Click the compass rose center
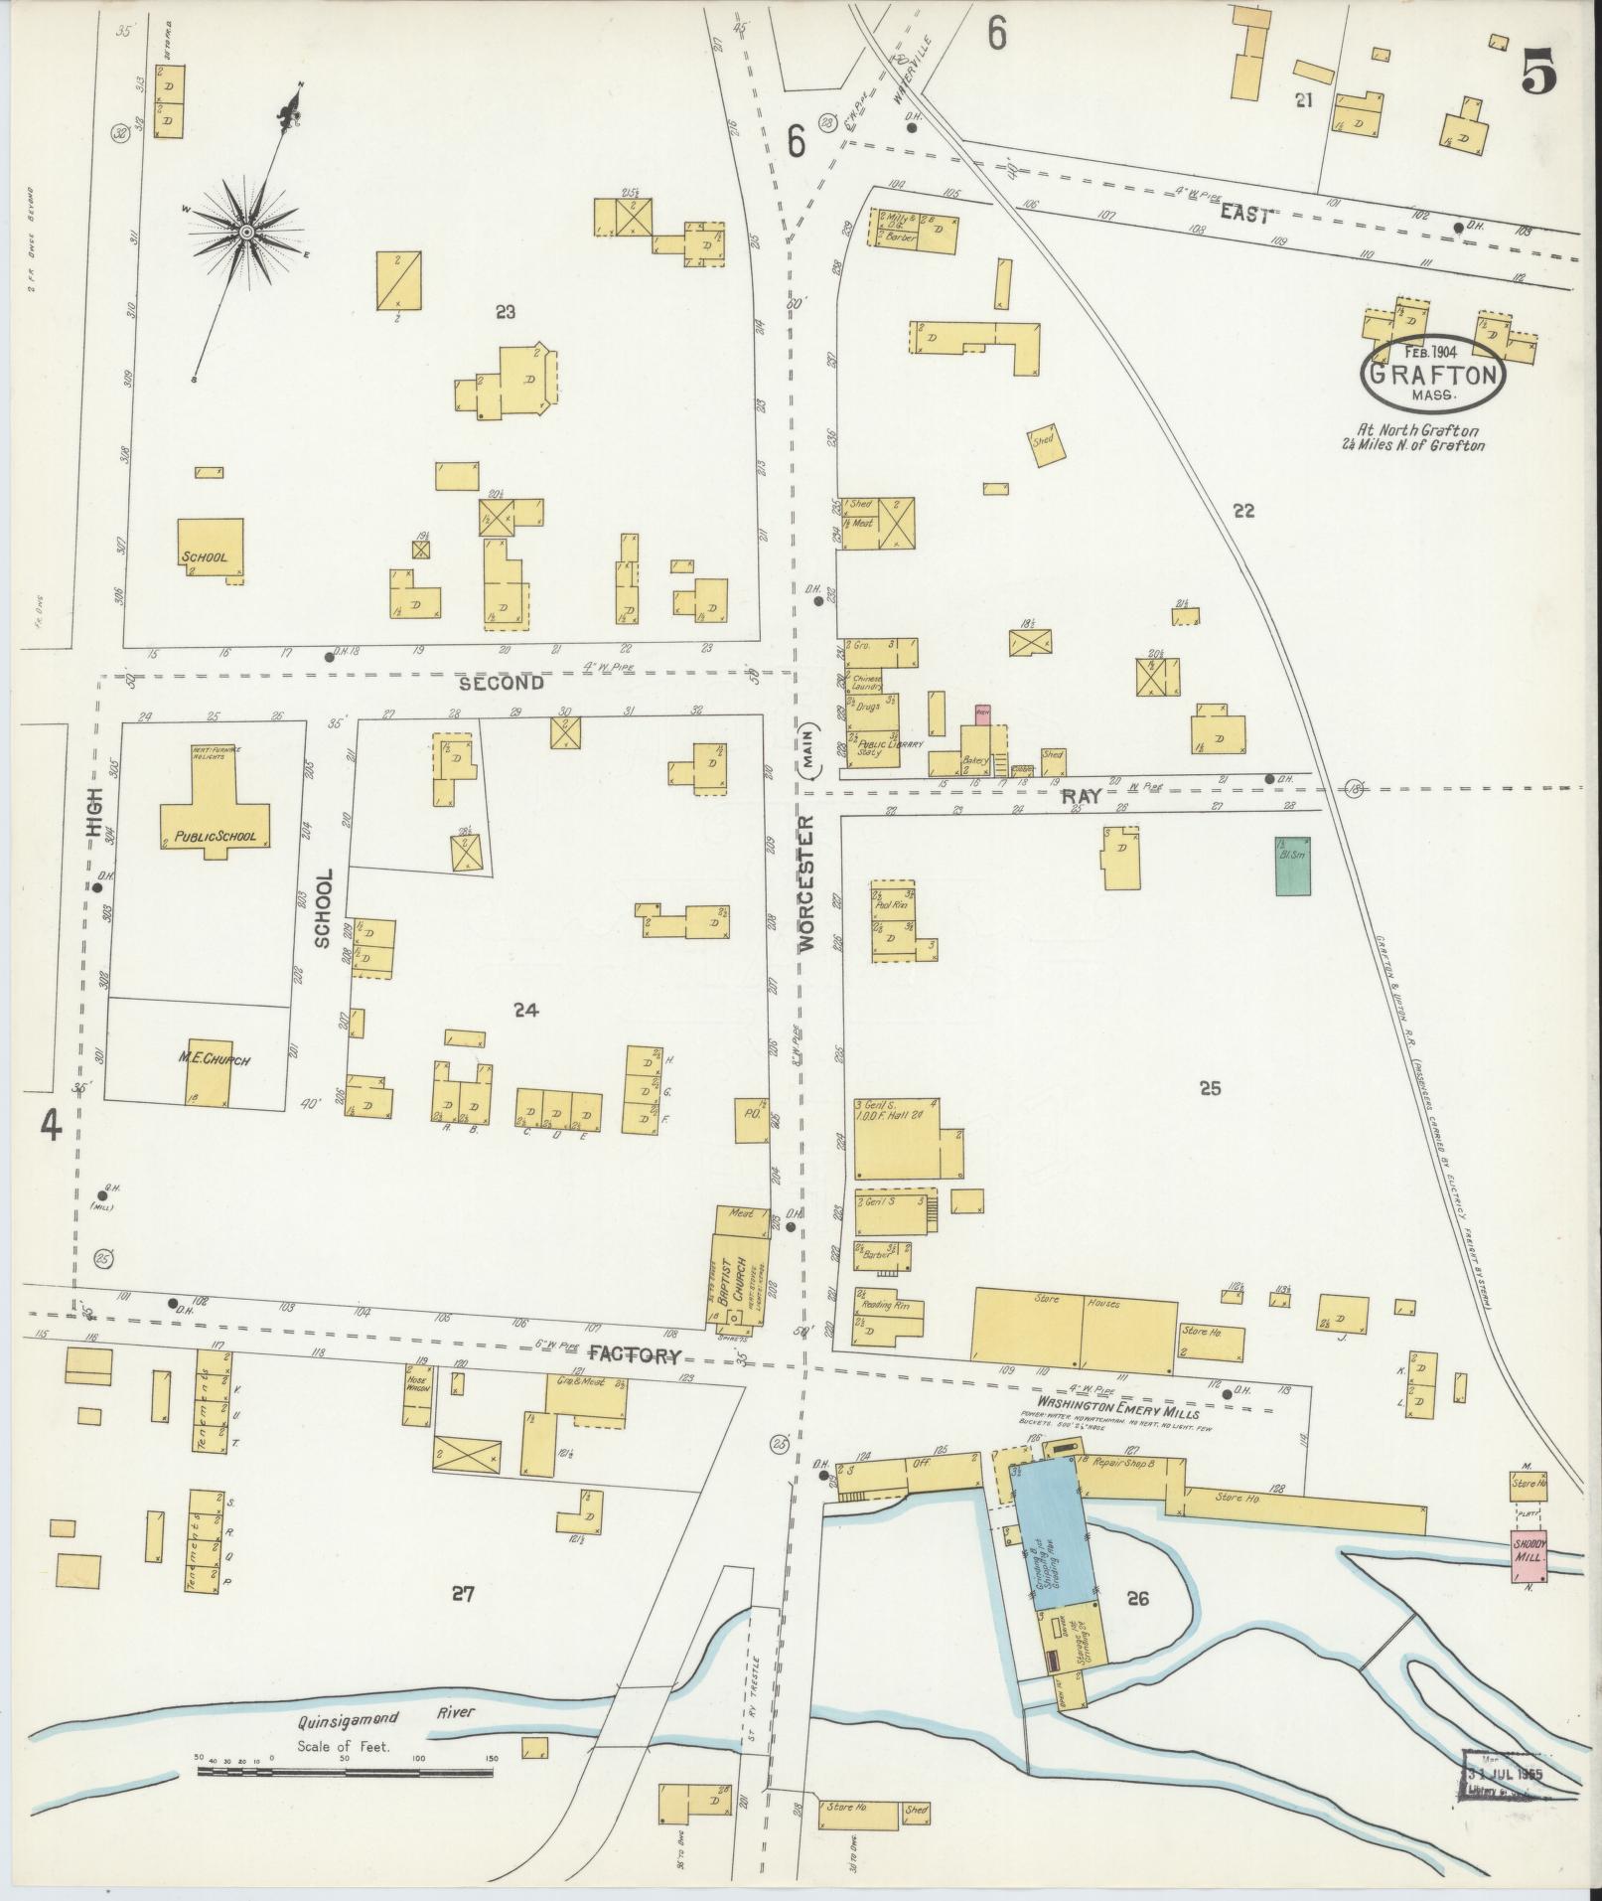[x=244, y=232]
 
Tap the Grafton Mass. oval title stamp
[x=1433, y=375]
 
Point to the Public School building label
[x=215, y=837]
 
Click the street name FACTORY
[x=636, y=1354]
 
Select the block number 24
[x=525, y=1011]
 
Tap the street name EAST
[x=1244, y=217]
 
